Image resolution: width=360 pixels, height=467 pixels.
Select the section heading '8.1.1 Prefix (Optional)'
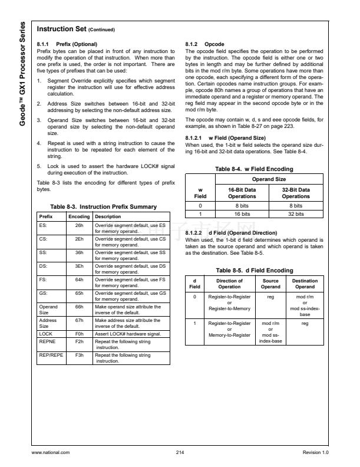click(67, 44)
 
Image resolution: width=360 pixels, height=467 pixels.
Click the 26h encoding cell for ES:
click(79, 225)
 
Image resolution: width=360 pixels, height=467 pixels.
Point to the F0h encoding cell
click(79, 334)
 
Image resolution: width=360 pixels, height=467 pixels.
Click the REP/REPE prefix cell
click(51, 355)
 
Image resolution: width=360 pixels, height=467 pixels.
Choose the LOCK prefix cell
click(45, 334)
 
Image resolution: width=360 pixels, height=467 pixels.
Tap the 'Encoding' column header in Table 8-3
click(79, 216)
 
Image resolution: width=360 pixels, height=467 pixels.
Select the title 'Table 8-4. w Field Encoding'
click(254, 169)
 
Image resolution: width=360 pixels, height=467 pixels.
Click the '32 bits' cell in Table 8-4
click(295, 214)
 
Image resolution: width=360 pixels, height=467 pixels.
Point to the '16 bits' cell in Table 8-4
click(242, 214)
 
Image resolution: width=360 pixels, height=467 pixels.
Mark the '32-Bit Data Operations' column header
click(295, 193)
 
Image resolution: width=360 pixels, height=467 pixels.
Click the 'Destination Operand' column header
click(305, 284)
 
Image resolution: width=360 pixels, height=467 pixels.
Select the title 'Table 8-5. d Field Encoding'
click(254, 270)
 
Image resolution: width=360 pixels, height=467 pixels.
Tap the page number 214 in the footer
click(180, 452)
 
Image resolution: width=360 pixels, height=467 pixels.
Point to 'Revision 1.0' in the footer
click(315, 452)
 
